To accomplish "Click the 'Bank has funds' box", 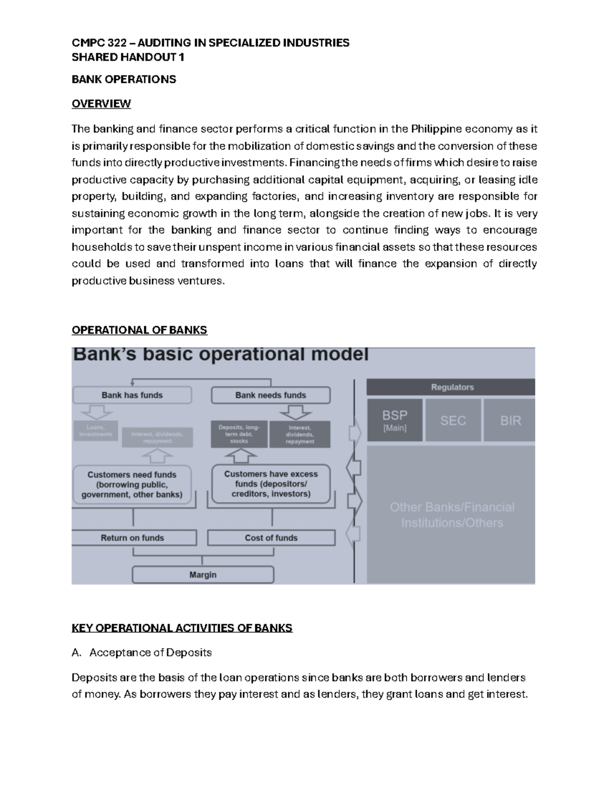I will (x=132, y=395).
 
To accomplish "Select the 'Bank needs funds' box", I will (x=270, y=395).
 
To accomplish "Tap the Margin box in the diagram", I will (x=203, y=575).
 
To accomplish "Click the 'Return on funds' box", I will (x=133, y=538).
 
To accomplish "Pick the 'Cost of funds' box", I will (x=271, y=538).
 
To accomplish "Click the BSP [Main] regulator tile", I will (x=394, y=420).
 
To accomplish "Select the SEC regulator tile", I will (x=453, y=420).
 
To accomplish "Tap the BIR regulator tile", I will (x=510, y=420).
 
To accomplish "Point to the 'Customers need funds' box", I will (x=132, y=485).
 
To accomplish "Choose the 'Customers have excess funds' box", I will (x=271, y=484).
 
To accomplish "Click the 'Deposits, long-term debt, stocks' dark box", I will (x=239, y=434).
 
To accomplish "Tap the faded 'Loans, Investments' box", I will (x=95, y=431).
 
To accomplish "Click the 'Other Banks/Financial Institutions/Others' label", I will (x=452, y=515).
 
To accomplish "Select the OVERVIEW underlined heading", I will (x=101, y=104).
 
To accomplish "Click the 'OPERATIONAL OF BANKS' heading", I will (x=139, y=330).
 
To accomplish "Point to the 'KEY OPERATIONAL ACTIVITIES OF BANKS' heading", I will (x=182, y=628).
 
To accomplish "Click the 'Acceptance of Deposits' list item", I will (x=150, y=653).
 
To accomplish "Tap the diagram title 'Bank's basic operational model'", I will (x=221, y=355).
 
